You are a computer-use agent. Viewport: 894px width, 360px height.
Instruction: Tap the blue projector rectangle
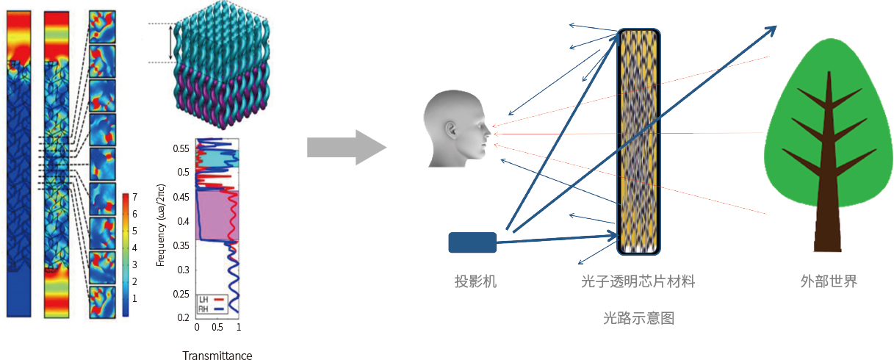472,242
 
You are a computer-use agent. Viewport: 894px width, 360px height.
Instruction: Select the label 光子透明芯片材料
638,281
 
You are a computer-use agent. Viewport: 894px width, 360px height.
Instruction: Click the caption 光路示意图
638,318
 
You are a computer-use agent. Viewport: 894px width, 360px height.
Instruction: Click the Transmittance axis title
217,356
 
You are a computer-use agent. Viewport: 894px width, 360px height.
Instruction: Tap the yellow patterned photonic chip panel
638,141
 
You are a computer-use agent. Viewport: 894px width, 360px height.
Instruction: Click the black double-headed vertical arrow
170,43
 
